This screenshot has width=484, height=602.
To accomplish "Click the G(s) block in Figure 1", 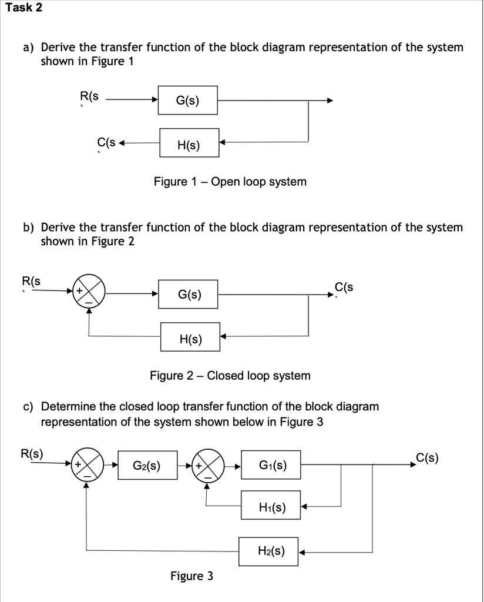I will click(x=188, y=101).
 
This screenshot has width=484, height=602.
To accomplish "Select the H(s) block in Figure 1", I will click(x=189, y=143).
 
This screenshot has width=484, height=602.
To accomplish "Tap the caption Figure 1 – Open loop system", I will click(x=230, y=182).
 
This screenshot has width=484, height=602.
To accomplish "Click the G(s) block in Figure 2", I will click(x=189, y=294).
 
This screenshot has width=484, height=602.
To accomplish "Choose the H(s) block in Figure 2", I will click(x=190, y=337).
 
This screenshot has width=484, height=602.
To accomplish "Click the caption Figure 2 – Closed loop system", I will click(x=230, y=376).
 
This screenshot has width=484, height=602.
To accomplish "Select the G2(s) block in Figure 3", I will click(x=147, y=466).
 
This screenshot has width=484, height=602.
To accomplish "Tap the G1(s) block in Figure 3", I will click(x=271, y=466).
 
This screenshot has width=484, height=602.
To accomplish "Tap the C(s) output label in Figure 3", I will click(x=427, y=458).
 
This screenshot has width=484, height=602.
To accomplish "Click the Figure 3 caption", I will click(x=191, y=576).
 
